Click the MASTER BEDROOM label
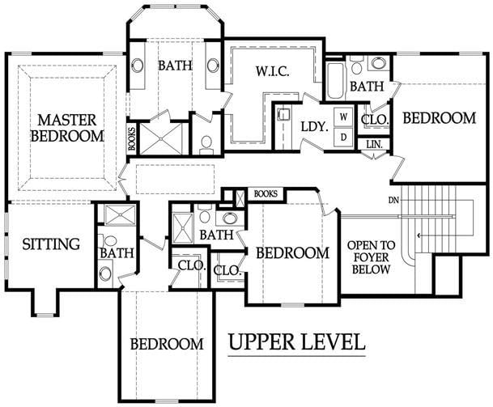(67, 128)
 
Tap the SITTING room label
(51, 244)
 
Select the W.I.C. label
(272, 72)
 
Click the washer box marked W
(344, 117)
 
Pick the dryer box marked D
(344, 137)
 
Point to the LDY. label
(314, 127)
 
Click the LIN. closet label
(374, 145)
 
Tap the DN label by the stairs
(393, 200)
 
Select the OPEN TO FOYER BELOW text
(371, 257)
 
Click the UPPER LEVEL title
(296, 341)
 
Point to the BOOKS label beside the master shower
(132, 138)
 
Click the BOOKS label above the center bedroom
(266, 194)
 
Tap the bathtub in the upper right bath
(334, 81)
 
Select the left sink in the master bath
(138, 66)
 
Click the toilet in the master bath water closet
(206, 145)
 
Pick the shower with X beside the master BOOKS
(160, 138)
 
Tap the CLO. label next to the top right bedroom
(375, 120)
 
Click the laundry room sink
(283, 114)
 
